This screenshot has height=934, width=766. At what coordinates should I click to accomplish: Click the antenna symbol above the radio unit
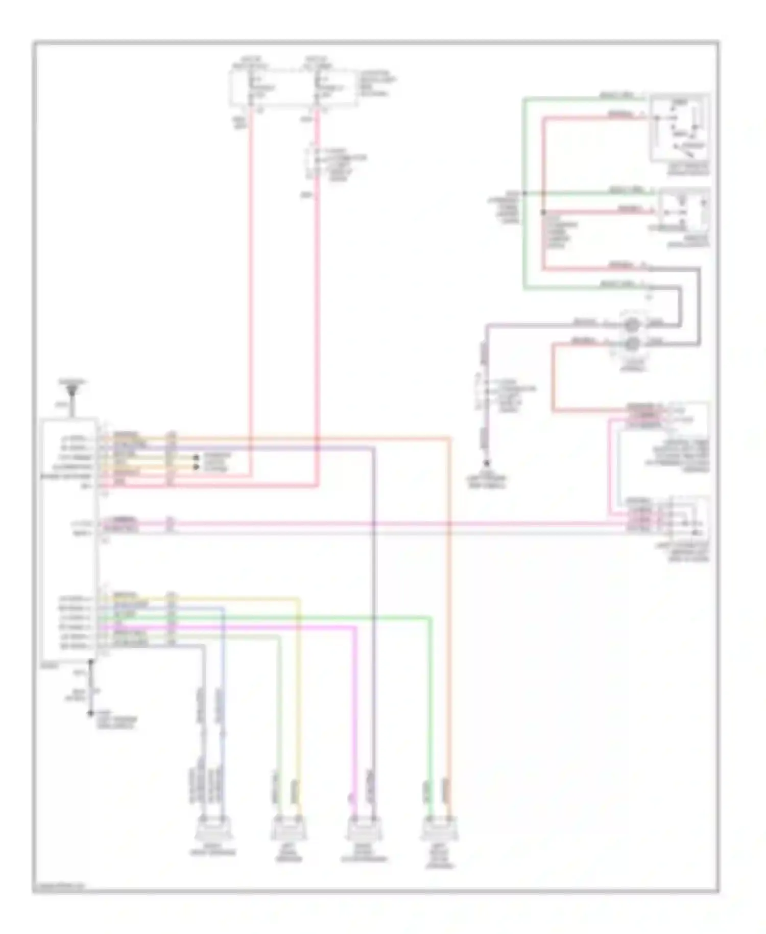click(x=71, y=390)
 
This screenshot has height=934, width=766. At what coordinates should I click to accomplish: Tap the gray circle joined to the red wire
click(x=632, y=343)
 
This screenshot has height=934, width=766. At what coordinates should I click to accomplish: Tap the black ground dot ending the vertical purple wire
click(x=487, y=463)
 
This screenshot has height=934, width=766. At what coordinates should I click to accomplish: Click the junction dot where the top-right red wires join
click(x=543, y=212)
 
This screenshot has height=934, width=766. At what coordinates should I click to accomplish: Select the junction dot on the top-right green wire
click(x=524, y=194)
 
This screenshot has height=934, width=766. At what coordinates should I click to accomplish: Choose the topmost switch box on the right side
click(x=679, y=128)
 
